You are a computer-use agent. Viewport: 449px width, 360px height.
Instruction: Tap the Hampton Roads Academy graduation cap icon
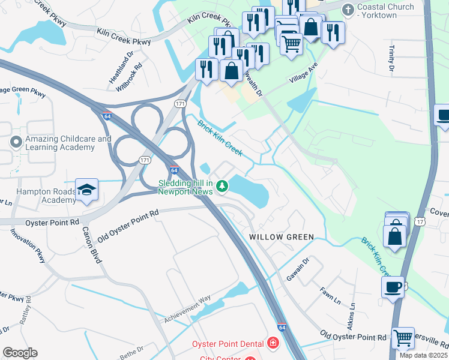coord(87,191)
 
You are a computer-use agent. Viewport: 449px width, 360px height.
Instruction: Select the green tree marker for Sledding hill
coord(223,187)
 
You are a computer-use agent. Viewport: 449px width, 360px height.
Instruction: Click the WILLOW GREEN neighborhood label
coord(282,237)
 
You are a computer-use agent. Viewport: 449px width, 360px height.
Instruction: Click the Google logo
coord(20,353)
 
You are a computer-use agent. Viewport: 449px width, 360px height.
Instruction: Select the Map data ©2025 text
coord(424,355)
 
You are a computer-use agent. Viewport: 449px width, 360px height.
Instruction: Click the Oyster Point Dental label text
coord(228,344)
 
